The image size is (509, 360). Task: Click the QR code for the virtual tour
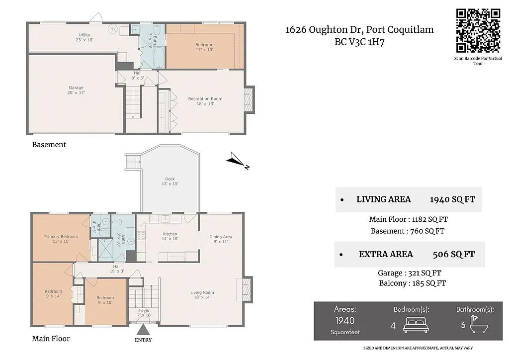click(478, 30)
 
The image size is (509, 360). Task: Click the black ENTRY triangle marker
click(143, 330)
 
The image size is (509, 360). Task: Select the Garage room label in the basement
click(76, 90)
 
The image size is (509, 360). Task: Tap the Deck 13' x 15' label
click(170, 181)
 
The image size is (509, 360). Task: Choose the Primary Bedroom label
click(61, 239)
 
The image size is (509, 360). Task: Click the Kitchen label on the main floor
click(170, 236)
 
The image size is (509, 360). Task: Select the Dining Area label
click(221, 239)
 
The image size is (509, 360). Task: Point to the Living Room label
click(202, 295)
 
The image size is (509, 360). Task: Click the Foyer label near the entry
click(144, 313)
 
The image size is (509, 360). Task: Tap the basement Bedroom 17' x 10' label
click(204, 47)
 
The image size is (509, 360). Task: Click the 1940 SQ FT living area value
click(452, 199)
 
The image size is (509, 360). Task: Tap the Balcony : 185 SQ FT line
click(412, 283)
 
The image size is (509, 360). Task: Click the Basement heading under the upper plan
click(49, 145)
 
